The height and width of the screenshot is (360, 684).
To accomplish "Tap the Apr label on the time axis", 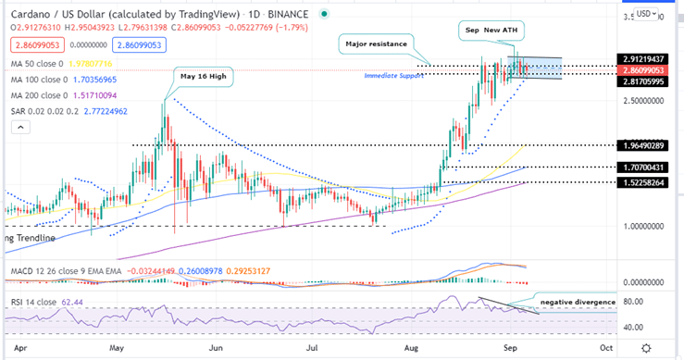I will (19, 347).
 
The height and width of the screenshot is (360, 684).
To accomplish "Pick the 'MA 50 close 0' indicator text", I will (35, 63).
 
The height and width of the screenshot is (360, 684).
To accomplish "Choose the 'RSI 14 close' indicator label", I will (31, 301).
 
